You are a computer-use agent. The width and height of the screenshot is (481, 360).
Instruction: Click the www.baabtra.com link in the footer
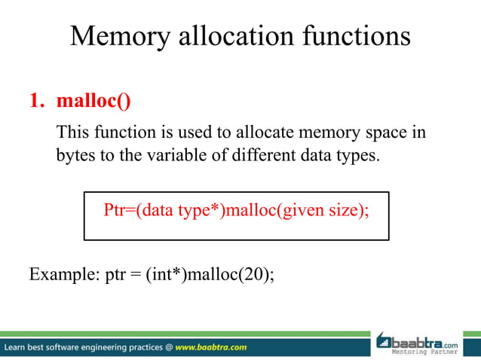210,347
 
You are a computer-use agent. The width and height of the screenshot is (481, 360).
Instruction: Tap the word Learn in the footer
17,347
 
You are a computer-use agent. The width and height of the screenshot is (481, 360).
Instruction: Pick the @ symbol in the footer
167,347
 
